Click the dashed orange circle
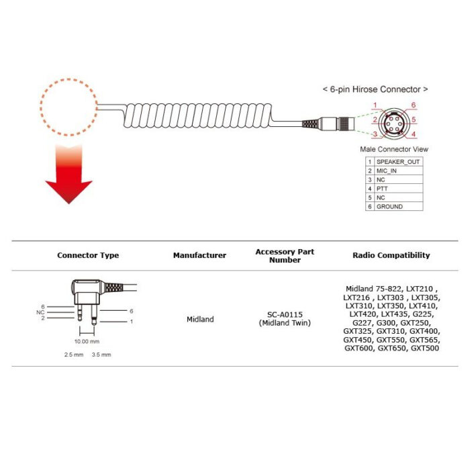[x=68, y=105]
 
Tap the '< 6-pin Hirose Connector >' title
[x=375, y=89]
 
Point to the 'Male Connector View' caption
[x=394, y=149]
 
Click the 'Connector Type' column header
[x=88, y=255]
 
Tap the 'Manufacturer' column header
[x=199, y=255]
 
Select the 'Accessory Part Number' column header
[x=285, y=256]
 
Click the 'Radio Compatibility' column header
[x=391, y=255]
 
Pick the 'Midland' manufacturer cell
[x=200, y=320]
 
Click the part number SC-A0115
[x=285, y=315]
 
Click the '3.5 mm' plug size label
[x=101, y=354]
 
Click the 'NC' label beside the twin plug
[x=41, y=312]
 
